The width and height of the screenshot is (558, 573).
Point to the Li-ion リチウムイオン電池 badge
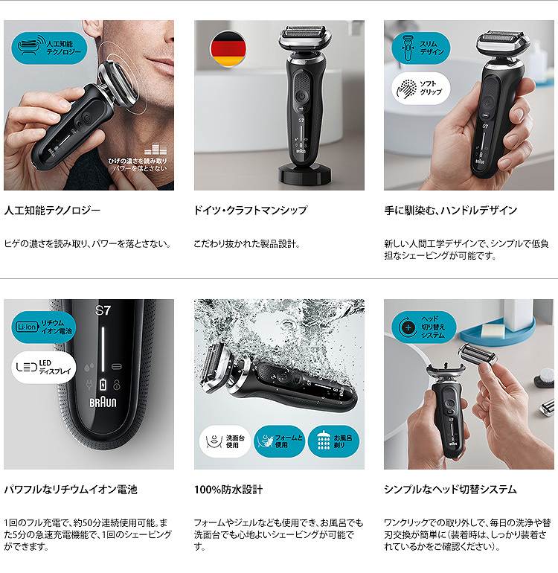click(45, 327)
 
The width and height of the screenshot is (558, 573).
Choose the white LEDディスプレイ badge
click(45, 367)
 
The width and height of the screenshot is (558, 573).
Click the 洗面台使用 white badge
click(225, 441)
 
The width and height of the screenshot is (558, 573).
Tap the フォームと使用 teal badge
click(279, 441)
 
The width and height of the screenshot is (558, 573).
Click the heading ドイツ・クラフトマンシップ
click(250, 211)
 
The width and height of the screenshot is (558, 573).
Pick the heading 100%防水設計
click(228, 490)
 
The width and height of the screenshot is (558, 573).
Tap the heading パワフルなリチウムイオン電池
click(71, 490)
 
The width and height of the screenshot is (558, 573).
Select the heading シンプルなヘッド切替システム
click(450, 490)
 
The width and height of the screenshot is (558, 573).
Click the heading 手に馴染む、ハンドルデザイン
click(450, 211)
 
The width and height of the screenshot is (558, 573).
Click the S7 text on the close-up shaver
click(103, 310)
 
